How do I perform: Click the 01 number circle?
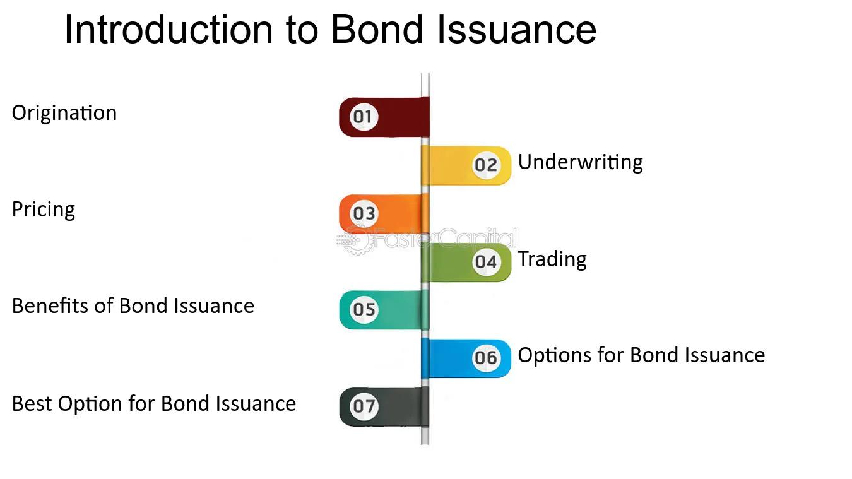pyautogui.click(x=364, y=117)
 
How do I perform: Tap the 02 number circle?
pyautogui.click(x=486, y=165)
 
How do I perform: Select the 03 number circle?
pyautogui.click(x=364, y=213)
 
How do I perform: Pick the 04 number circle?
pyautogui.click(x=486, y=262)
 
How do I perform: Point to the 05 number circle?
pyautogui.click(x=364, y=310)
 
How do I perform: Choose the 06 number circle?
pyautogui.click(x=486, y=358)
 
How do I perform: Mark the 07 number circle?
pyautogui.click(x=364, y=406)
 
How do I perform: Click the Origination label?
pyautogui.click(x=64, y=114)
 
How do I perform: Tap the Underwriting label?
pyautogui.click(x=581, y=163)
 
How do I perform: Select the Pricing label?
pyautogui.click(x=44, y=210)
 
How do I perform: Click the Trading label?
pyautogui.click(x=552, y=260)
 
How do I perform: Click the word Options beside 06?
pyautogui.click(x=554, y=356)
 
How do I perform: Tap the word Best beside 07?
pyautogui.click(x=32, y=404)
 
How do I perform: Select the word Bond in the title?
pyautogui.click(x=377, y=30)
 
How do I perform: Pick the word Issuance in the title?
pyautogui.click(x=517, y=30)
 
